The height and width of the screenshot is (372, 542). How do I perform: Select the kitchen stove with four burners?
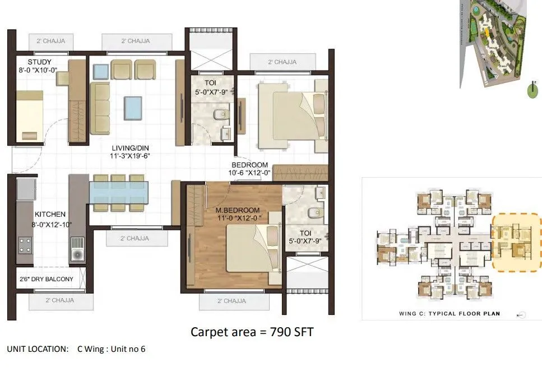click(25, 245)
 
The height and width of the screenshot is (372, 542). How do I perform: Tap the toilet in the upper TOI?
click(220, 115)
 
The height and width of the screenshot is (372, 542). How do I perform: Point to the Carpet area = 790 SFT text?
click(252, 332)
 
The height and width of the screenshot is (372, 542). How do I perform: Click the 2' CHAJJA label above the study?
click(47, 41)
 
